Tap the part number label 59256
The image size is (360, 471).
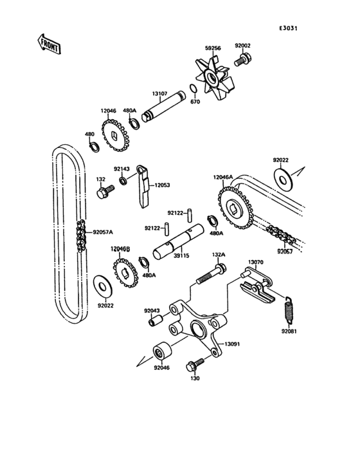coord(213,47)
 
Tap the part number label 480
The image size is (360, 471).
coord(90,134)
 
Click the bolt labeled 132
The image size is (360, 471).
coord(103,191)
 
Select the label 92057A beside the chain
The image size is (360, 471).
coord(102,232)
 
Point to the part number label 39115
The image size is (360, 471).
coord(181,255)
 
